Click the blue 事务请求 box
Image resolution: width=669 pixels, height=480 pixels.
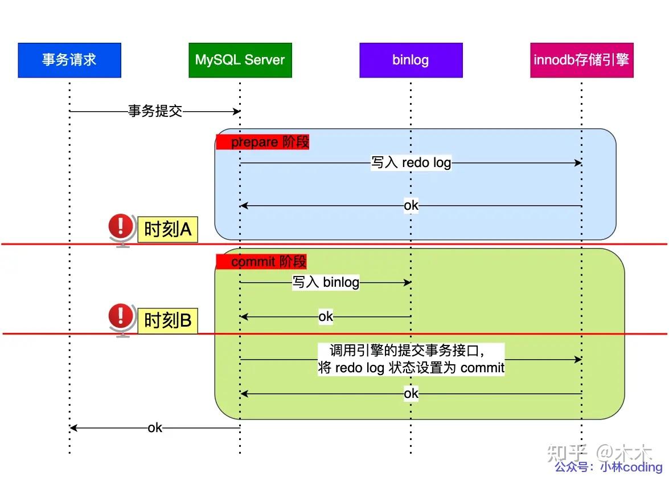click(69, 60)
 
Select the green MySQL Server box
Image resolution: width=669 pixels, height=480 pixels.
click(240, 60)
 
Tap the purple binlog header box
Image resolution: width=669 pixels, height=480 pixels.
click(411, 60)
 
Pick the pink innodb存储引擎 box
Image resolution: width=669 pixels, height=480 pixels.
click(581, 60)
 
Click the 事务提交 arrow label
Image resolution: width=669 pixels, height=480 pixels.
click(155, 111)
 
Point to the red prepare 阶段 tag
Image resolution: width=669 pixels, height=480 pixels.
click(262, 142)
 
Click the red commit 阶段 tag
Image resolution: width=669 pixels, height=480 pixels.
click(261, 262)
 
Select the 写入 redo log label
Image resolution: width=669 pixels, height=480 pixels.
click(411, 163)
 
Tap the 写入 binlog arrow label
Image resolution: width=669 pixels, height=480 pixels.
click(326, 282)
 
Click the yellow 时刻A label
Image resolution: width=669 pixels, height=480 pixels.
click(167, 230)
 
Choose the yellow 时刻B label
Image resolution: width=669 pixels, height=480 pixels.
click(167, 320)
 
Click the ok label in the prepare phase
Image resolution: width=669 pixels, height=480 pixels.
click(411, 205)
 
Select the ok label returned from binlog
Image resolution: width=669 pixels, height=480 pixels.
click(326, 316)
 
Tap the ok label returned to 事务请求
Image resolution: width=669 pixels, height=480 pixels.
click(155, 428)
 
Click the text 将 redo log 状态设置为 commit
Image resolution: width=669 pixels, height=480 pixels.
click(411, 368)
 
